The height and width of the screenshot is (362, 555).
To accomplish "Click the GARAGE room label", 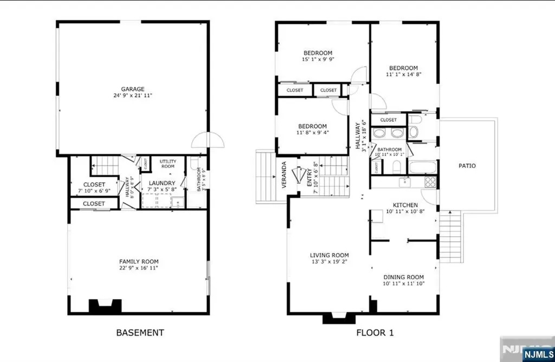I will tap(132, 89).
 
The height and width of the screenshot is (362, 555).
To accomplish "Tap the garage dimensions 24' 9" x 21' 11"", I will tap(132, 95).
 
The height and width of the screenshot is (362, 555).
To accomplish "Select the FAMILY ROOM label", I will tap(139, 261).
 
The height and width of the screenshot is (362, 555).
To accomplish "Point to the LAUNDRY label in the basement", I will tap(161, 183).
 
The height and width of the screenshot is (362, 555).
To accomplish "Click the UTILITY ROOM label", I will tap(167, 164).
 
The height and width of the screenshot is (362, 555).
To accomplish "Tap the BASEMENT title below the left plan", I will tap(140, 332).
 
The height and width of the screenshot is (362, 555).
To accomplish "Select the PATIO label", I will tap(467, 165).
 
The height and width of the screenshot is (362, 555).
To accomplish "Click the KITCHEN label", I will tap(405, 205).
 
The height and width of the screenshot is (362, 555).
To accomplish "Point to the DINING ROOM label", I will tap(403, 276).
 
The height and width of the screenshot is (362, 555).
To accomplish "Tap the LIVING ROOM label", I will tap(329, 255).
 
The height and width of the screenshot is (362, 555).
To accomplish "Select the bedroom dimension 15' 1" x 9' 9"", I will tap(318, 60).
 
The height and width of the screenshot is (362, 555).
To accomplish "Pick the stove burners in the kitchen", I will tap(430, 182).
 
